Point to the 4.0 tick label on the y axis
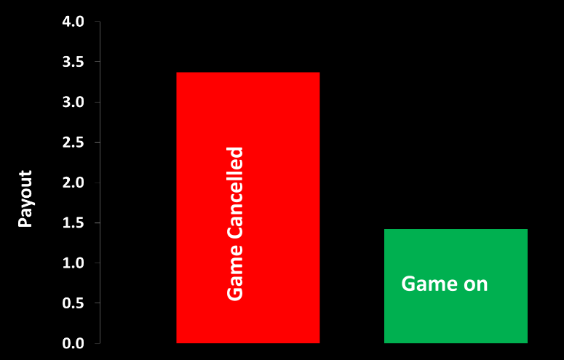tap(74, 23)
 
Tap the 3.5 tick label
tap(74, 63)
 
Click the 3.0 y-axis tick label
tap(74, 103)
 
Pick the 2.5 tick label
tap(74, 143)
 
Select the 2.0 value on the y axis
tap(74, 183)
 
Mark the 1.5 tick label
tap(74, 223)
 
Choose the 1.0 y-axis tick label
tap(74, 263)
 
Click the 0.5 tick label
tap(74, 303)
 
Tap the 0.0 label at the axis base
tap(74, 343)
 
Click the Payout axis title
tap(25, 199)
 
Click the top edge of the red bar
tap(247, 73)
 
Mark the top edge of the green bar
tap(456, 230)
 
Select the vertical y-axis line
tap(100, 182)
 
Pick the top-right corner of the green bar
tap(527, 230)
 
